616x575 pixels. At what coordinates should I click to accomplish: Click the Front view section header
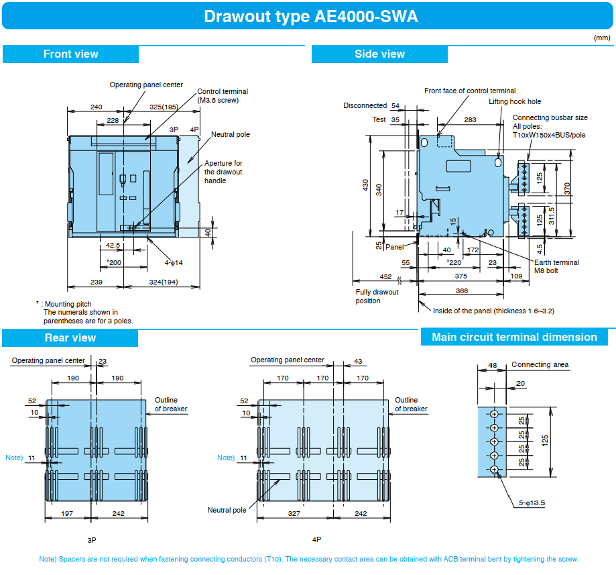pyautogui.click(x=70, y=54)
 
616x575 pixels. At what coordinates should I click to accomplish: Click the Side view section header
pyautogui.click(x=379, y=54)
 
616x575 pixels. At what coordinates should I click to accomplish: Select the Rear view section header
pyautogui.click(x=70, y=337)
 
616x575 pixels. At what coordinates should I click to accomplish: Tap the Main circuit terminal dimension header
pyautogui.click(x=514, y=337)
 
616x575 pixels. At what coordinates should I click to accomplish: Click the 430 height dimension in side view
pyautogui.click(x=366, y=185)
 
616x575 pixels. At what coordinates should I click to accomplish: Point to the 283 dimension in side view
pyautogui.click(x=470, y=119)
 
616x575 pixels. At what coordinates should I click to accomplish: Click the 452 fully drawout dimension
pyautogui.click(x=385, y=276)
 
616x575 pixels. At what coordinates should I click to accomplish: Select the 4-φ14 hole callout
pyautogui.click(x=173, y=263)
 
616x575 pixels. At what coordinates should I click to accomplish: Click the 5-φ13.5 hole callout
pyautogui.click(x=532, y=503)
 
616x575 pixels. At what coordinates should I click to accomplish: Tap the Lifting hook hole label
pyautogui.click(x=515, y=101)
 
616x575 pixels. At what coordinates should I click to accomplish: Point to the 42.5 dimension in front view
pyautogui.click(x=113, y=245)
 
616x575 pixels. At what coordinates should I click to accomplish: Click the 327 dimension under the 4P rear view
pyautogui.click(x=294, y=513)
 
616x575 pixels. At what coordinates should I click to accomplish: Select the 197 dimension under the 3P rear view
pyautogui.click(x=67, y=513)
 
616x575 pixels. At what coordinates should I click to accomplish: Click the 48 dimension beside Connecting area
pyautogui.click(x=492, y=365)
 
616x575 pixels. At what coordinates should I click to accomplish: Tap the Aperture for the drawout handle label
pyautogui.click(x=223, y=172)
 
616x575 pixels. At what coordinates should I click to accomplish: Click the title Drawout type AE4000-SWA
pyautogui.click(x=311, y=17)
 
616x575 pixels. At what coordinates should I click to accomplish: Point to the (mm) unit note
pyautogui.click(x=602, y=38)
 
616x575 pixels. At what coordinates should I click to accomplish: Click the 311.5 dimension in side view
pyautogui.click(x=552, y=216)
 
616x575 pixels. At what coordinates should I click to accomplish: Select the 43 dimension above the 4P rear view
pyautogui.click(x=358, y=361)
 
